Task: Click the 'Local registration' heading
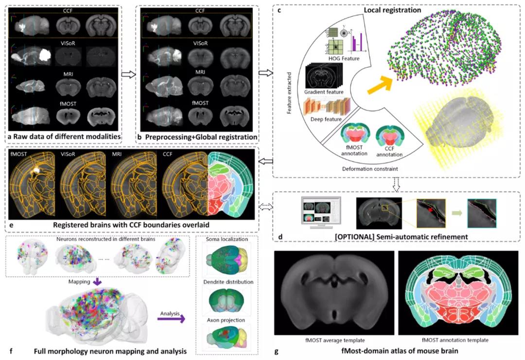coord(396,10)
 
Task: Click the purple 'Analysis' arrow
coord(171,319)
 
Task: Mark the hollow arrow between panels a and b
coord(128,75)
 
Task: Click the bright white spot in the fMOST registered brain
coord(36,170)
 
